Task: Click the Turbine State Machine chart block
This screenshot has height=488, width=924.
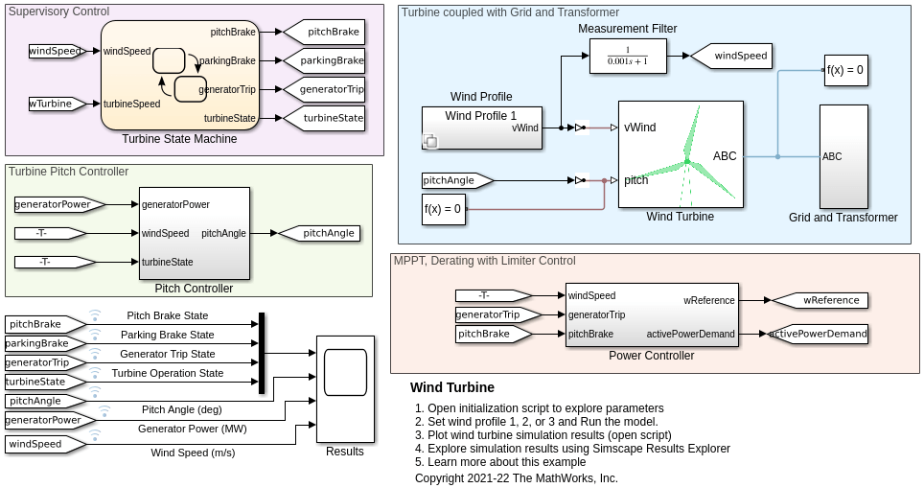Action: point(180,75)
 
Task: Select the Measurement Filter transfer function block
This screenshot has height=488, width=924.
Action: point(628,56)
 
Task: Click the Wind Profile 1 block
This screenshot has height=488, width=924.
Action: point(481,128)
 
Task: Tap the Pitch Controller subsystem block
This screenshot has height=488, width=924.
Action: point(194,233)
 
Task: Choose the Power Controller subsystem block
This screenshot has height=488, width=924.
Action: point(652,314)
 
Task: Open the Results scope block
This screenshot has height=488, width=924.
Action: point(345,389)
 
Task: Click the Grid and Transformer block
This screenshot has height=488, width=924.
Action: point(843,156)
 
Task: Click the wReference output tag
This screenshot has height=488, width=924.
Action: point(820,301)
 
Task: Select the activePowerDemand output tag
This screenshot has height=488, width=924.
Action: point(818,334)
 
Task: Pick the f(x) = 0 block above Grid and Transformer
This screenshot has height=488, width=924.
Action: point(845,70)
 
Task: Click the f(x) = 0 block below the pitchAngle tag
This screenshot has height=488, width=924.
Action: point(443,209)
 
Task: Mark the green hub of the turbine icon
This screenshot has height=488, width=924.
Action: point(687,161)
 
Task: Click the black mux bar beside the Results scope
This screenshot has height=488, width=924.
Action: point(262,353)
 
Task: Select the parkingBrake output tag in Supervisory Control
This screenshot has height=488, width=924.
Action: point(324,60)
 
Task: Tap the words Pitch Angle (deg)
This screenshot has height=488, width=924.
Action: point(181,409)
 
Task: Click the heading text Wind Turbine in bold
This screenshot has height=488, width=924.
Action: point(452,387)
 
